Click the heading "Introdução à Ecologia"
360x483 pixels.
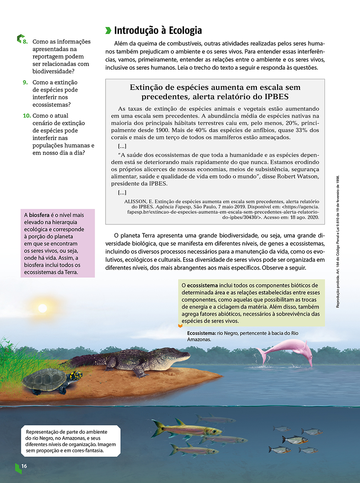[x=158, y=30]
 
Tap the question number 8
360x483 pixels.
[x=25, y=42]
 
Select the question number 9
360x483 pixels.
[x=25, y=82]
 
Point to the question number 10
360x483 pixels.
[x=26, y=116]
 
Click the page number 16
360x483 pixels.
[x=24, y=466]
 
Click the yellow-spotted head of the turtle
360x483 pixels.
[x=75, y=376]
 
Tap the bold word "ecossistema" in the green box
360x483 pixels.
[x=202, y=286]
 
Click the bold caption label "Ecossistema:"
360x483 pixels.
[x=201, y=333]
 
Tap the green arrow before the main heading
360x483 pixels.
[x=108, y=30]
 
